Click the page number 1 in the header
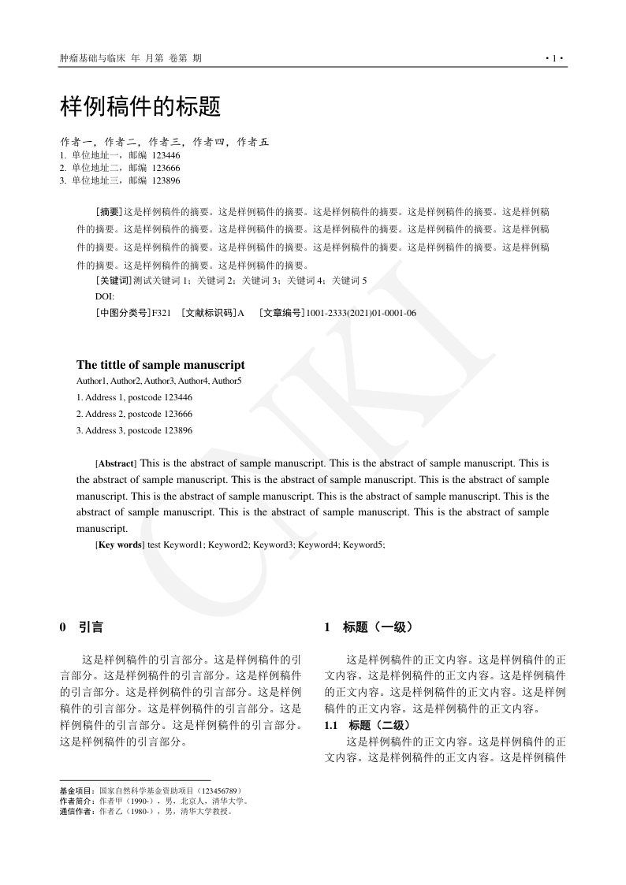[554, 58]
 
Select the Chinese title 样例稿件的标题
[140, 106]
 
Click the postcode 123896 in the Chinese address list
[166, 180]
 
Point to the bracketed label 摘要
[109, 211]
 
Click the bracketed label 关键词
[114, 280]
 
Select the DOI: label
[104, 296]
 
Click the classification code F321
[161, 313]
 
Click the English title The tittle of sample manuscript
[160, 365]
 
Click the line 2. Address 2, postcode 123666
[134, 414]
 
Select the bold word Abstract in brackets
[116, 463]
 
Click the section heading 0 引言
[81, 627]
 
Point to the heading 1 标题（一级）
[368, 627]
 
